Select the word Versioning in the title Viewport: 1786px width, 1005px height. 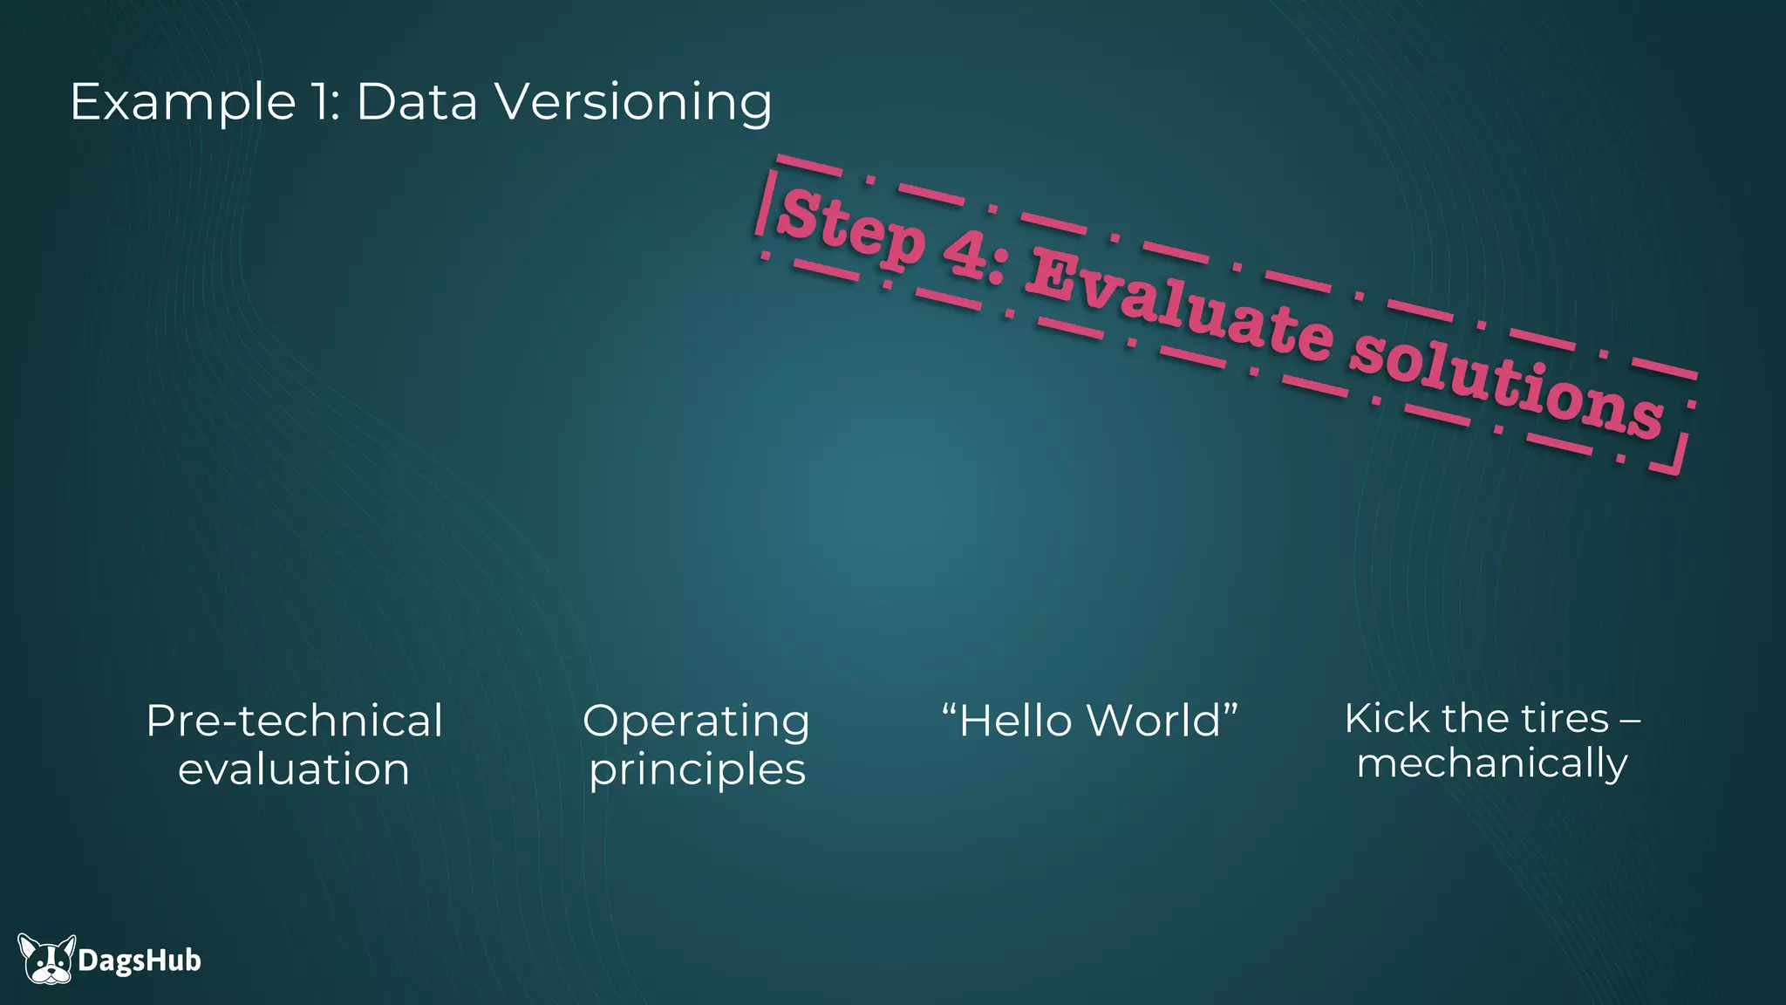[633, 103]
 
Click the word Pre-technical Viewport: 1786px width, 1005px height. [294, 721]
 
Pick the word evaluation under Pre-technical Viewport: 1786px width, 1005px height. [294, 769]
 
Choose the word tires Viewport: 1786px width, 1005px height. [1565, 719]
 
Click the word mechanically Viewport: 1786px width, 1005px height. [1492, 763]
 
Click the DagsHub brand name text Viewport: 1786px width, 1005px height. [140, 961]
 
